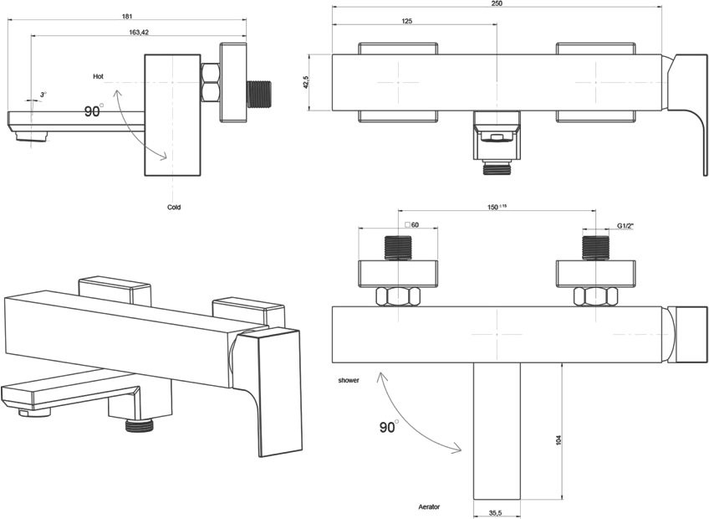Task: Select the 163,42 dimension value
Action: tap(139, 33)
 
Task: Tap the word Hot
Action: tap(98, 76)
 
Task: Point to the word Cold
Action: tap(174, 207)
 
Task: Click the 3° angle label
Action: tap(43, 95)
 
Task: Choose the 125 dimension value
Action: tap(407, 21)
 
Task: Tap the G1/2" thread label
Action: tap(627, 226)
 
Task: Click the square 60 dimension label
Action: tap(411, 225)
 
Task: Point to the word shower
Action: tap(349, 381)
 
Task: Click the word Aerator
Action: tap(430, 507)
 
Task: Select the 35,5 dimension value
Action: tap(497, 513)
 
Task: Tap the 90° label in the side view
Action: tap(94, 111)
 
